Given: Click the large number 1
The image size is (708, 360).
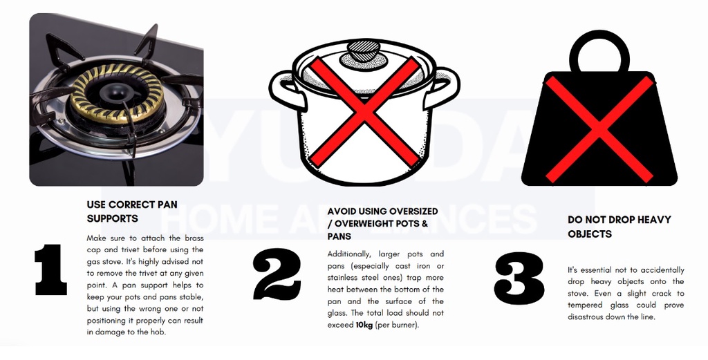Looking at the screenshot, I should tap(50, 269).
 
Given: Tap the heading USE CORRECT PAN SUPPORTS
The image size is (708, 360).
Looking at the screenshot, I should tap(122, 211).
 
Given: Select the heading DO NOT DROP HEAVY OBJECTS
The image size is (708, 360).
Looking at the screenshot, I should tap(619, 227).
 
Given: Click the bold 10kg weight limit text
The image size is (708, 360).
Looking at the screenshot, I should tap(364, 325).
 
